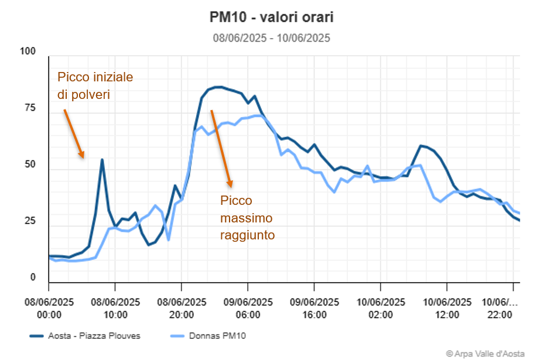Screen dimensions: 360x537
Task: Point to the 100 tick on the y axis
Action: click(x=28, y=52)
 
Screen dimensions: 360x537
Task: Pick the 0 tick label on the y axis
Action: click(x=33, y=277)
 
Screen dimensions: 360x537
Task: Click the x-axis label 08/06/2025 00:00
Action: click(x=49, y=308)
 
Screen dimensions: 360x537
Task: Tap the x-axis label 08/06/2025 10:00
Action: click(x=115, y=308)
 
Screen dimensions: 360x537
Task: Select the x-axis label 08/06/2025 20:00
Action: click(x=182, y=308)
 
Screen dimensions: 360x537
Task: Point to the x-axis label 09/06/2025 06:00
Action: click(x=248, y=308)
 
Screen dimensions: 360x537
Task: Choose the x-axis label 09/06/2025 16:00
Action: click(x=314, y=308)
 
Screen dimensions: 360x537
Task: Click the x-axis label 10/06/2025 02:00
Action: click(x=381, y=308)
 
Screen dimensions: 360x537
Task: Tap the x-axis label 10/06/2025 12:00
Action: click(x=447, y=308)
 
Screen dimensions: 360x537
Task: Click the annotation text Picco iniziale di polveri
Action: click(x=95, y=85)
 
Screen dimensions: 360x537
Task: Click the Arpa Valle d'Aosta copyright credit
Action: click(x=487, y=353)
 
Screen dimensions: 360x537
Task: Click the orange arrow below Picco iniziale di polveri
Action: click(x=74, y=133)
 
